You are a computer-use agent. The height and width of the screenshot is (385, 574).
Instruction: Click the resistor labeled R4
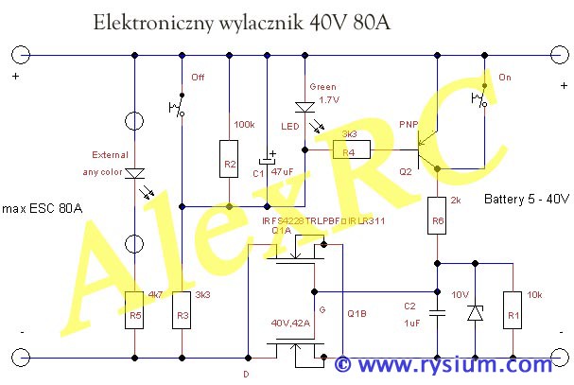pos(349,149)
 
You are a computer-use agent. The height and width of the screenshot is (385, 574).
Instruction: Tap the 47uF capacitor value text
pos(284,173)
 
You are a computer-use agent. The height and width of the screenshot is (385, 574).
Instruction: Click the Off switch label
pos(198,77)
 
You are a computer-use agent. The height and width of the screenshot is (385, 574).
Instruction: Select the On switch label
pos(504,77)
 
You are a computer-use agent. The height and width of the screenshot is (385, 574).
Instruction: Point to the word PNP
pos(409,125)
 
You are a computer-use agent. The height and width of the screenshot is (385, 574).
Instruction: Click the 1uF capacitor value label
pos(411,324)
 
